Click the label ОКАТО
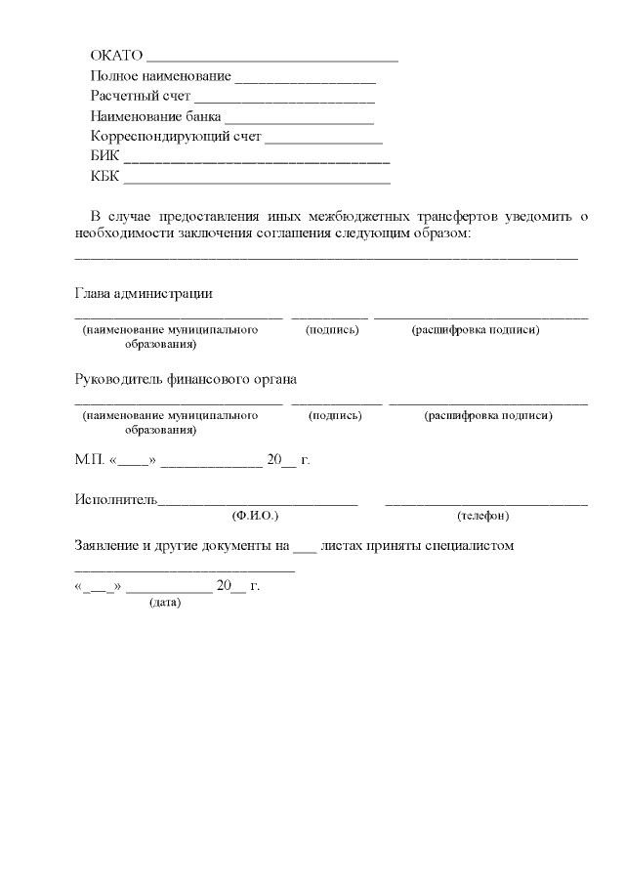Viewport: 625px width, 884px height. [x=116, y=55]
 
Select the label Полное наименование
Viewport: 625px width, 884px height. [x=160, y=76]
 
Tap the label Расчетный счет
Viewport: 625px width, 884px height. [x=141, y=97]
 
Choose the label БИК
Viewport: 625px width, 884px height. [x=104, y=158]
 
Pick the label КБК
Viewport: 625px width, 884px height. [x=104, y=178]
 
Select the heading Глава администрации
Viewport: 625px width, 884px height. [x=144, y=294]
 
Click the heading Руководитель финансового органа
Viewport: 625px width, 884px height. [x=186, y=379]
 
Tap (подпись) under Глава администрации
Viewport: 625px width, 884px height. [x=332, y=330]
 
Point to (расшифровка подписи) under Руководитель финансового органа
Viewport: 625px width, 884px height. [x=488, y=415]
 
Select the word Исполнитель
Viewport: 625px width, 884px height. [x=115, y=499]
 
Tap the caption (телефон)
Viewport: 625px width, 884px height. [x=482, y=515]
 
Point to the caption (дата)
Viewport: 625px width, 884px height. [x=164, y=603]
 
